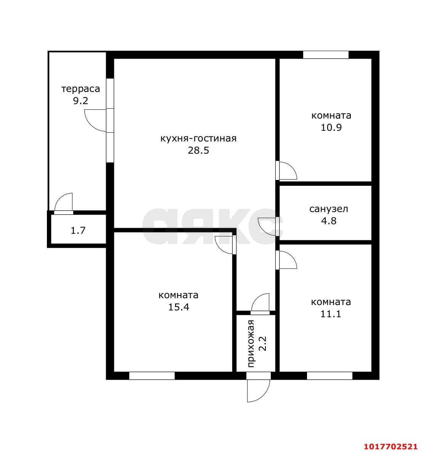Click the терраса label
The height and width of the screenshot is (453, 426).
[80, 89]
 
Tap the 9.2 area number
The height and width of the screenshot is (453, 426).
[80, 101]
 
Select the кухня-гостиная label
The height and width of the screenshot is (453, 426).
[199, 138]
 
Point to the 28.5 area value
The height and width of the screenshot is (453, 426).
[199, 150]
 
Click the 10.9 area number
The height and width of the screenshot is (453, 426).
[331, 127]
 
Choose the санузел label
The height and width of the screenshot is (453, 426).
[329, 209]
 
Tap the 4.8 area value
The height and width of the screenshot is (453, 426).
[329, 221]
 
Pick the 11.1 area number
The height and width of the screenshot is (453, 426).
[331, 314]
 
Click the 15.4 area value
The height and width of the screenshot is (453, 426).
[178, 307]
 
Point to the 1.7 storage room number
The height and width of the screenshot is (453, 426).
[78, 231]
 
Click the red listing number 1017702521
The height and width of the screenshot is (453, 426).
[391, 447]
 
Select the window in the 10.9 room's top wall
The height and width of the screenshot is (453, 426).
[326, 55]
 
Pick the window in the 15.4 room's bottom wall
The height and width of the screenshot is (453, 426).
[152, 376]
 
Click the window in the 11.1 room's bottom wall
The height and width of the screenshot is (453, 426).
[330, 376]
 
